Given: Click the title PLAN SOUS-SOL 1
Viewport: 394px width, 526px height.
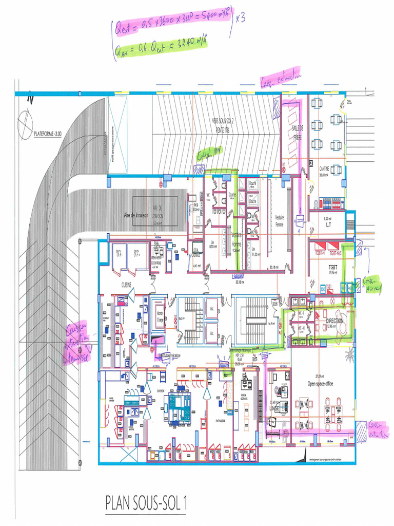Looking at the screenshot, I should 146,503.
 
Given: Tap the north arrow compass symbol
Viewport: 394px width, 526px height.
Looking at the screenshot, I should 25,122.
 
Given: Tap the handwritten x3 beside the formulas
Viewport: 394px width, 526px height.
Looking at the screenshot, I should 240,18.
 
